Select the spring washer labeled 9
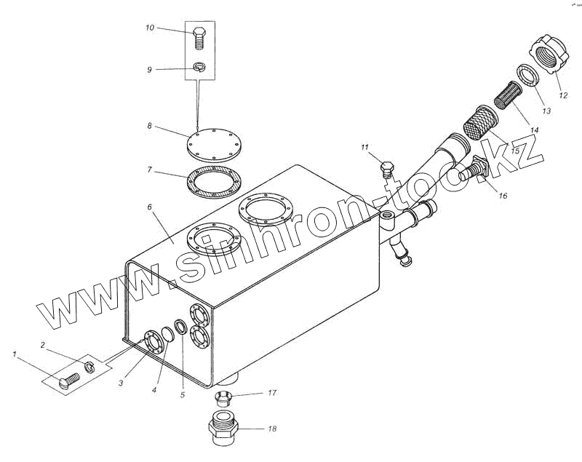point(199,68)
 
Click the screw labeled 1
point(70,381)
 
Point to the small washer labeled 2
point(89,367)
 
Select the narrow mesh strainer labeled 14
point(507,95)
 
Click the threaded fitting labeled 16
point(474,168)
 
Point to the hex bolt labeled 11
point(387,170)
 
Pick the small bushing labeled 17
point(224,398)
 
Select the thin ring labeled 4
point(168,336)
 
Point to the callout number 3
point(121,383)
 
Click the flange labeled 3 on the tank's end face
point(153,341)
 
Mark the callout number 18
point(272,429)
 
